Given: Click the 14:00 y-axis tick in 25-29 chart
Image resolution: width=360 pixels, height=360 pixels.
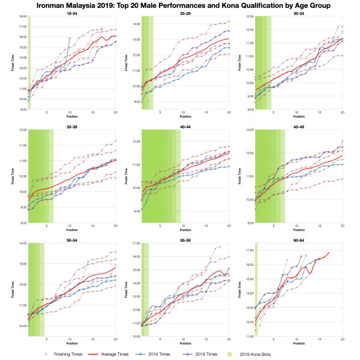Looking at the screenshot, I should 135,24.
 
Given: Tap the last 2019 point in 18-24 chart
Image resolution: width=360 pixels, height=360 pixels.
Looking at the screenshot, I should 70,38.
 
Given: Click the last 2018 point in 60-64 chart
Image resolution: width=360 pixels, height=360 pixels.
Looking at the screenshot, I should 301,256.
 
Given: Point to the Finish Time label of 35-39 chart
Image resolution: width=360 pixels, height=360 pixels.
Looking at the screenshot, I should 11,176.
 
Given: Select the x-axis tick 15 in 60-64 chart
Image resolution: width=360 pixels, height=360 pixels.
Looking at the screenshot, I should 319,340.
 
